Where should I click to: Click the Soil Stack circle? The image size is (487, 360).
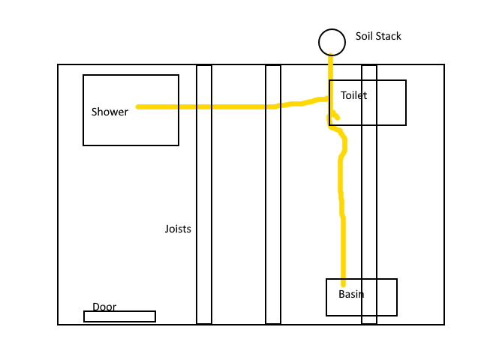click(332, 29)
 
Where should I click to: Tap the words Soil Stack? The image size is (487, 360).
click(378, 36)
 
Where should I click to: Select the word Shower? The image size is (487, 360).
click(110, 112)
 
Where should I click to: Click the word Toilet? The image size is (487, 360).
click(353, 95)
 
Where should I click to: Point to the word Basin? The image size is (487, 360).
click(351, 294)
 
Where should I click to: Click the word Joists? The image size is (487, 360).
click(178, 229)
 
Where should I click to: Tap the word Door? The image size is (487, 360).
click(104, 307)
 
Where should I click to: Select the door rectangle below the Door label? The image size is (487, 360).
click(119, 316)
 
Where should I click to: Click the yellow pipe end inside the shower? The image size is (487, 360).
click(138, 106)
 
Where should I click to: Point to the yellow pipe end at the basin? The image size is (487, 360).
click(343, 284)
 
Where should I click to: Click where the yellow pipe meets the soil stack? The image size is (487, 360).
click(331, 55)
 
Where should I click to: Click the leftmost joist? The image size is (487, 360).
click(204, 194)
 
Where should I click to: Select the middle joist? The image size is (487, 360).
click(273, 194)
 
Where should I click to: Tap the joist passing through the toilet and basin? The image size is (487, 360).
click(369, 194)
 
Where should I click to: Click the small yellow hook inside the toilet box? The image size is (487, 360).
click(335, 115)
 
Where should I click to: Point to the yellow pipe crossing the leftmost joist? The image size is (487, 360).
click(204, 106)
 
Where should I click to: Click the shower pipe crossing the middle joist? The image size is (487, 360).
click(273, 106)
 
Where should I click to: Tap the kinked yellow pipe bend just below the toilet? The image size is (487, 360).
click(342, 141)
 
